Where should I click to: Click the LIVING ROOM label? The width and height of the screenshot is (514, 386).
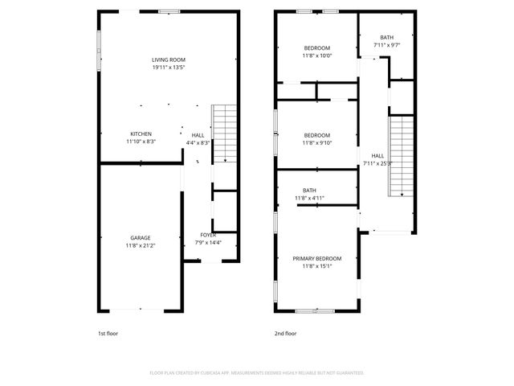click(169, 60)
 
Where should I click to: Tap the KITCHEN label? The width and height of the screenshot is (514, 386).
click(141, 133)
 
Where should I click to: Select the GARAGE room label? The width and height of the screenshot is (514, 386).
click(141, 237)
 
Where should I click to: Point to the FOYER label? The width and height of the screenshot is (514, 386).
click(208, 235)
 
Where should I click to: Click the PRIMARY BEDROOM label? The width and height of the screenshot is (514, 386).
click(316, 258)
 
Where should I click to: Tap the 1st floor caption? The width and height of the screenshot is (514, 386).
click(107, 333)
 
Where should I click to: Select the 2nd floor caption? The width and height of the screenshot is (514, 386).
click(285, 333)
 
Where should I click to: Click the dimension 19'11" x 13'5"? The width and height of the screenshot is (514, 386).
click(169, 68)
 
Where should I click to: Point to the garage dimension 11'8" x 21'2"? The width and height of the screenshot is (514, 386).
click(141, 245)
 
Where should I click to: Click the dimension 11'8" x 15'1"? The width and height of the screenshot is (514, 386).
click(316, 266)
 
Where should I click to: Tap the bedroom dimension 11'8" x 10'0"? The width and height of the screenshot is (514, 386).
click(316, 56)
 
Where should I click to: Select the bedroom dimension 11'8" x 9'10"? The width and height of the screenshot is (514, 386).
click(316, 143)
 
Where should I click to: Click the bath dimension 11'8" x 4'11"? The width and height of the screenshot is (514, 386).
click(308, 198)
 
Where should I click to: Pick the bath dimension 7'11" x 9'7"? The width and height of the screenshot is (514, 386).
click(387, 45)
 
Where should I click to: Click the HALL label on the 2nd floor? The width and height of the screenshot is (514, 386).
click(377, 155)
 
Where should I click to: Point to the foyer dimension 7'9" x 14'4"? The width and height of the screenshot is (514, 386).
click(208, 243)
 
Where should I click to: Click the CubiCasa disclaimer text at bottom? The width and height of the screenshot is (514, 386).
click(256, 373)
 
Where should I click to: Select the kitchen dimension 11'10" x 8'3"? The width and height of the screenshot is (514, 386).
click(141, 142)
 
